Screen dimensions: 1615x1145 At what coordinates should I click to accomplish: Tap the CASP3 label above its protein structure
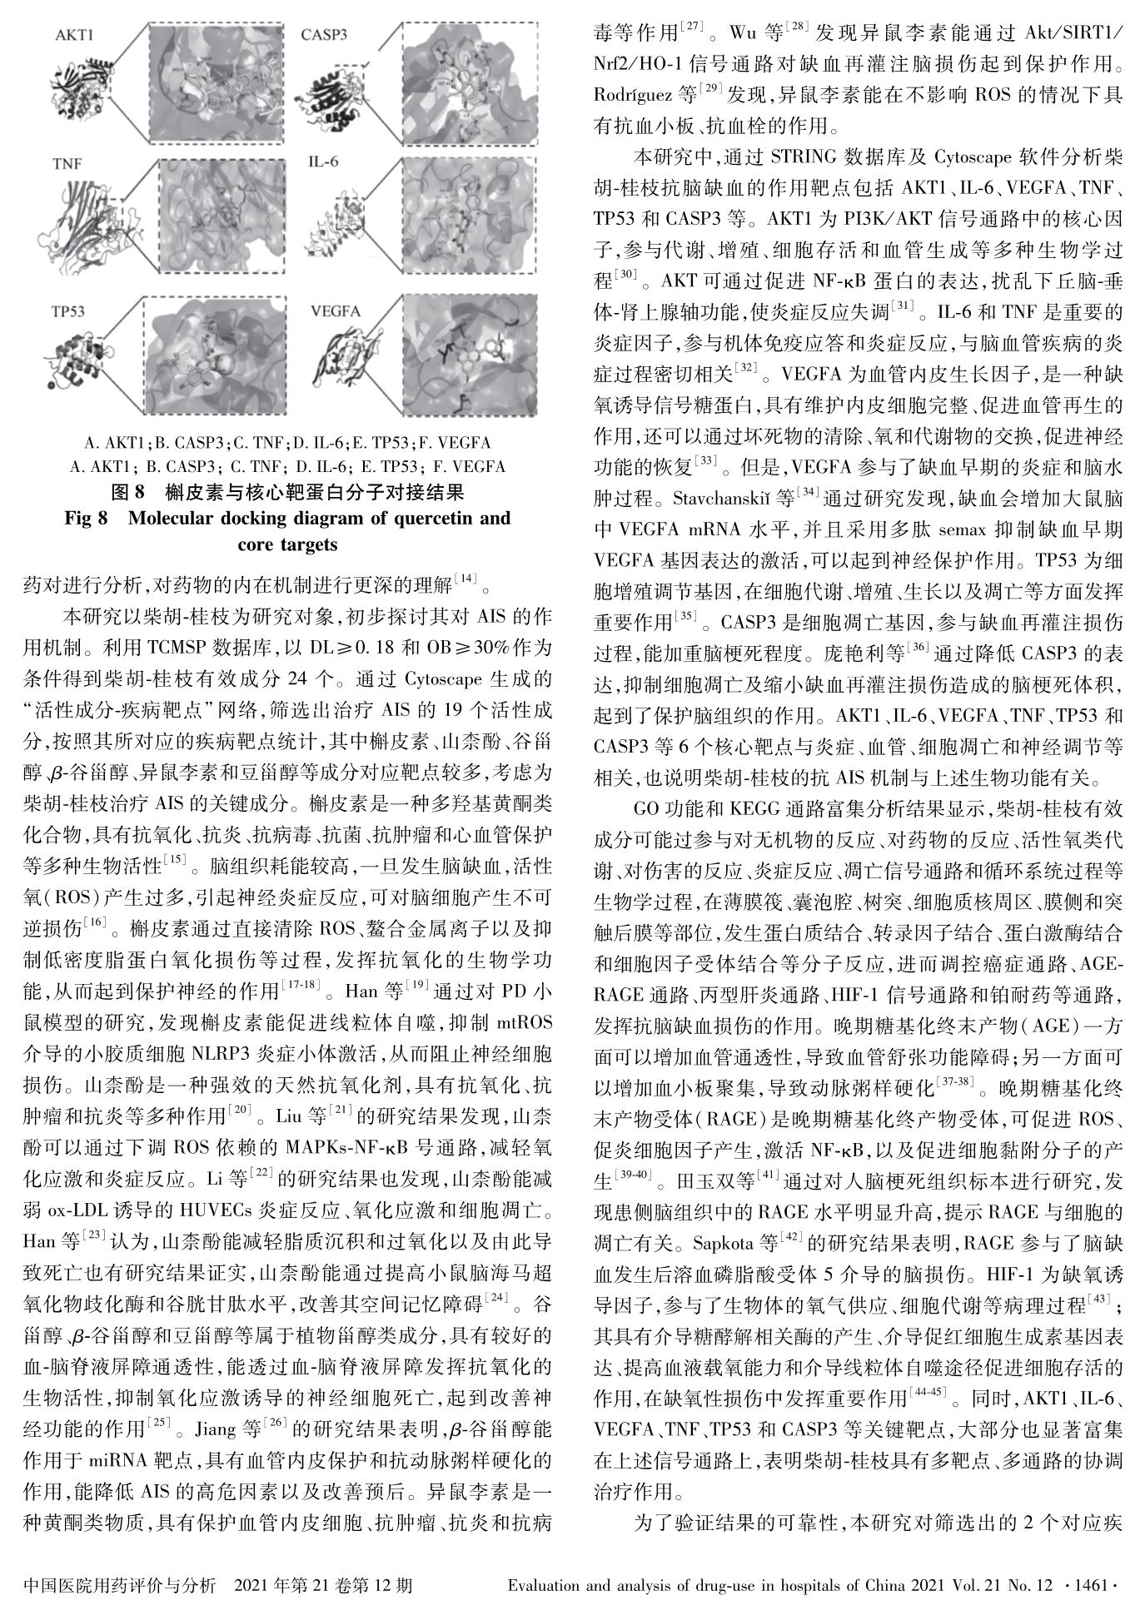tap(324, 36)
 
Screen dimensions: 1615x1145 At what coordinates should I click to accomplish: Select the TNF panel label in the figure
tap(67, 164)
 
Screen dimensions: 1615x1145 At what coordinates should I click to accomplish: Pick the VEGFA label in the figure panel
tap(336, 312)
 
